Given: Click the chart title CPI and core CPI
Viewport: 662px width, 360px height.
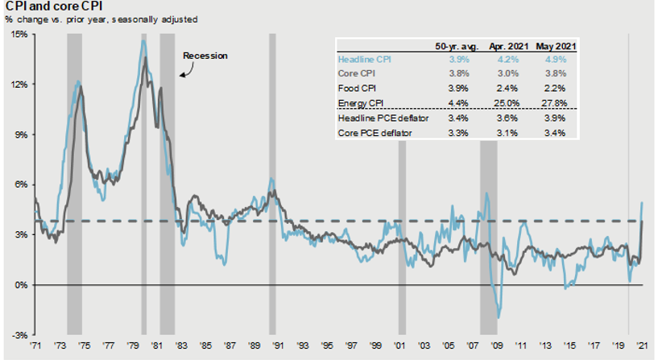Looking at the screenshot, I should pos(50,7).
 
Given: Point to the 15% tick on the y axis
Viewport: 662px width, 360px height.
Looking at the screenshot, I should pos(18,35).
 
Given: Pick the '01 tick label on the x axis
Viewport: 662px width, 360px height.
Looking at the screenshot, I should pos(402,346).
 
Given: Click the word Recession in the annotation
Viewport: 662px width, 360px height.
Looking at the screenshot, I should pos(205,56).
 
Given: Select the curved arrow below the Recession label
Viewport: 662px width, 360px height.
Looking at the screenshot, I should pos(184,71).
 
